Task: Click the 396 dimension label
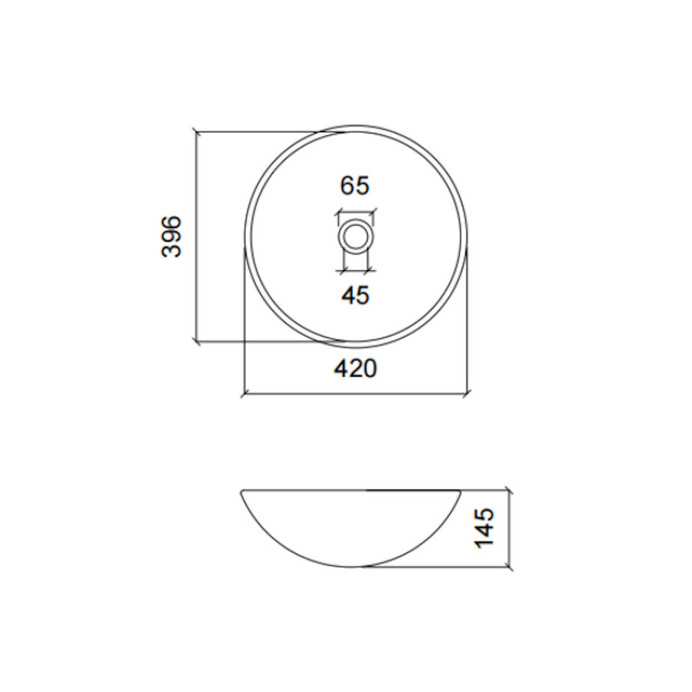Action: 172,236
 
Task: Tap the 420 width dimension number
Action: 355,369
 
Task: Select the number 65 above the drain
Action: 355,185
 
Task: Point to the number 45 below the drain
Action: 355,294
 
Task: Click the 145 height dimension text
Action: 485,527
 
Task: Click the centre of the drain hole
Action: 355,235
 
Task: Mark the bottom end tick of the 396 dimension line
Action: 198,340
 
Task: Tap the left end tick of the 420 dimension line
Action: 244,395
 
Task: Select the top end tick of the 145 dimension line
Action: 508,490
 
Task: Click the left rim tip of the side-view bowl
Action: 242,491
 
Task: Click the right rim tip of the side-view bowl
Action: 460,491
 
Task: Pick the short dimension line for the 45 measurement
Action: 355,270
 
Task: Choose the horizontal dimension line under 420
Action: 355,395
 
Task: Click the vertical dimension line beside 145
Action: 508,527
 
